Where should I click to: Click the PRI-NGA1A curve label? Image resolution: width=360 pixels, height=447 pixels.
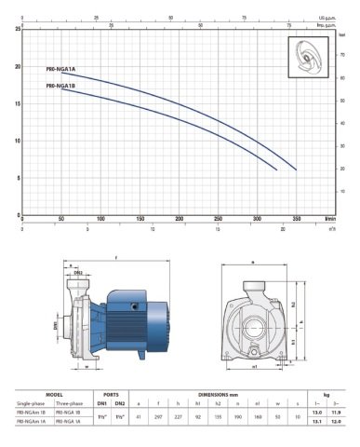coord(60,68)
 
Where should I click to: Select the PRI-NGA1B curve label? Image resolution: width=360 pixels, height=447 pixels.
coord(60,85)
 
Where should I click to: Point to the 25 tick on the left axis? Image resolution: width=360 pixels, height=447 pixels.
coord(20,30)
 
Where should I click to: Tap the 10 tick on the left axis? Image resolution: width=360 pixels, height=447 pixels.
coord(20,141)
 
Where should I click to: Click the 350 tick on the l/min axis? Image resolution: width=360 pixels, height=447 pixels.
coord(296,219)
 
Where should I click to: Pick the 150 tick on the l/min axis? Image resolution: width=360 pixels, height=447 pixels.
coord(140,219)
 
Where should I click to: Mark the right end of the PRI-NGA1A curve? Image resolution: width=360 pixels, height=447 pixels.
coord(297,169)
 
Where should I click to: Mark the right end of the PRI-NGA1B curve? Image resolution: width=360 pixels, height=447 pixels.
coord(277,170)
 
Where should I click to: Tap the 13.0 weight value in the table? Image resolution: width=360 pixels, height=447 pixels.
coord(315,412)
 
